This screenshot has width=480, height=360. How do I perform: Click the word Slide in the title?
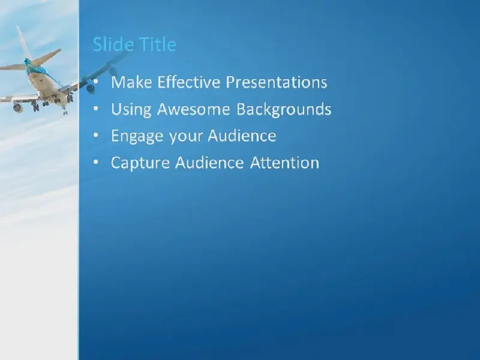[x=112, y=44]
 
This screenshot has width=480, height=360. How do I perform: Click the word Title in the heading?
[x=157, y=44]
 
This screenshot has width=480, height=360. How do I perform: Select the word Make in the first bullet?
[x=131, y=82]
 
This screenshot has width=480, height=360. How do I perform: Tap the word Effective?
[x=188, y=82]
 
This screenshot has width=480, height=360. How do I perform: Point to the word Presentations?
[x=277, y=82]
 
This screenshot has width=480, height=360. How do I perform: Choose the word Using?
[x=131, y=110]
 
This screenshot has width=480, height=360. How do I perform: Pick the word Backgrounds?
[x=284, y=110]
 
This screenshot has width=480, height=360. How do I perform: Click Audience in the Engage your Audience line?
[x=242, y=136]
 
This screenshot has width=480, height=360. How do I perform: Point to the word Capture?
[x=140, y=163]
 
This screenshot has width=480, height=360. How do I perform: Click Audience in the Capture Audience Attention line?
[x=209, y=163]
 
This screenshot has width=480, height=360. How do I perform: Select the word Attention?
[x=284, y=163]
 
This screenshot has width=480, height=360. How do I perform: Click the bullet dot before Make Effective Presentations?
[x=96, y=82]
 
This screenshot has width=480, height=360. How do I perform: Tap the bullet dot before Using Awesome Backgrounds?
[x=96, y=109]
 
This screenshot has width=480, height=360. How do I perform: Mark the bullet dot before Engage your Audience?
[x=96, y=136]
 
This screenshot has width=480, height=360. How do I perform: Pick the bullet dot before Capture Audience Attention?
[x=96, y=162]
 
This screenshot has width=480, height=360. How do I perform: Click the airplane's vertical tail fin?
[x=24, y=43]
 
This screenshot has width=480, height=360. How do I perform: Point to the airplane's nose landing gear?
[x=65, y=111]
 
